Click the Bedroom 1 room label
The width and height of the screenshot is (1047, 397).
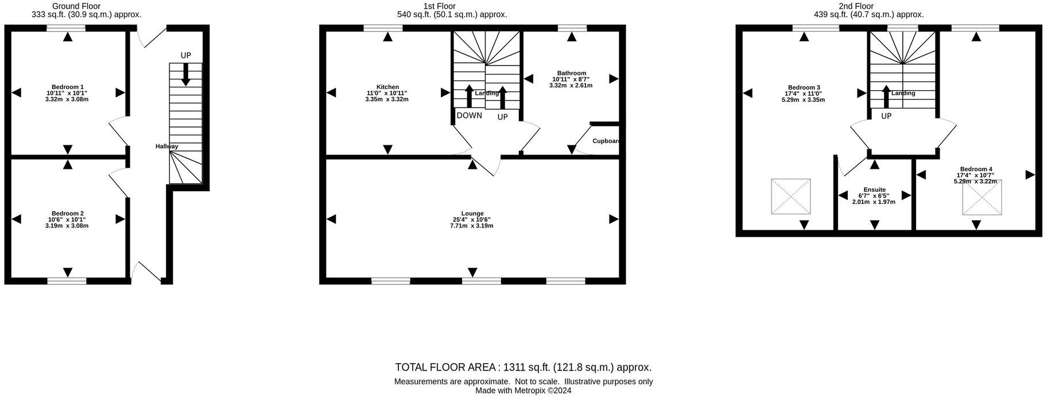pos(67,87)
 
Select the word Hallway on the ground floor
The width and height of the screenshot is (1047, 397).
pos(166,147)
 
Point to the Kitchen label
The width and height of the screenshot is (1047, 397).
pos(387,87)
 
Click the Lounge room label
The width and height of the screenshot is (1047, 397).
pos(472,214)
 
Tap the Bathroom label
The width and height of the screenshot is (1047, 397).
pos(571,74)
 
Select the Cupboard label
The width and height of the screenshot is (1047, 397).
pos(605,141)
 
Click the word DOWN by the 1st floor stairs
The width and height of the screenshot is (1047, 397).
pos(469,115)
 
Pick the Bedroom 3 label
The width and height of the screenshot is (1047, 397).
pos(803,87)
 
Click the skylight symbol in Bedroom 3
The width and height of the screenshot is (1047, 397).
pos(791,196)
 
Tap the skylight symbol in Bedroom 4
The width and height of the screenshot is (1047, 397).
pos(982,198)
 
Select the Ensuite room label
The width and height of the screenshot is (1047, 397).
pos(874,190)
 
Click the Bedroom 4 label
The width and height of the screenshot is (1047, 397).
pos(976,169)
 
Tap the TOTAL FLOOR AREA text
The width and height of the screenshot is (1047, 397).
pos(523,367)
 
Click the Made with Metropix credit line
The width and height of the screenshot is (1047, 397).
pos(523,391)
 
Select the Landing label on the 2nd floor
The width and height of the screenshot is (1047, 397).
pos(903,93)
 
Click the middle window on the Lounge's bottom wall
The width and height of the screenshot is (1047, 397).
pos(481,281)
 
